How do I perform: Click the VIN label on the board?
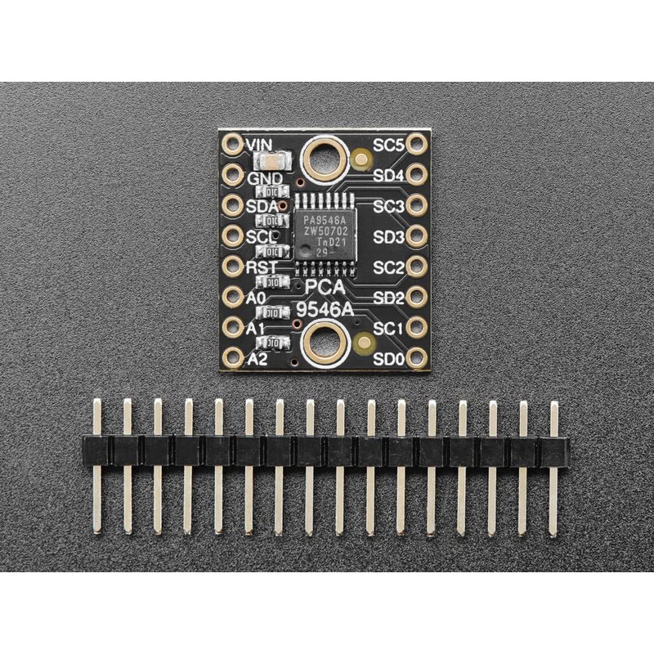260,145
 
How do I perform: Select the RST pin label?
262,267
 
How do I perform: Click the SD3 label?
388,237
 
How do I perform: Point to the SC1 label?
388,328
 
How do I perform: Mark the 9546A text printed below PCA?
325,309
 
